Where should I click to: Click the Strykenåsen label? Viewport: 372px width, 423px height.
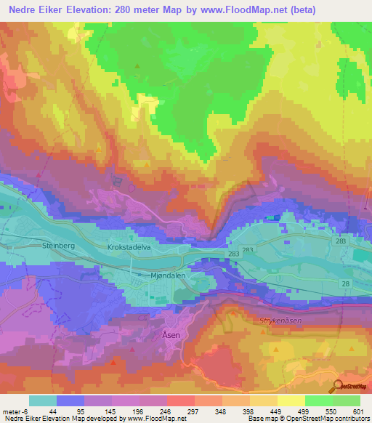click(x=280, y=319)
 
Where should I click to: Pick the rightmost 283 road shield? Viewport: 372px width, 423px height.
click(x=342, y=239)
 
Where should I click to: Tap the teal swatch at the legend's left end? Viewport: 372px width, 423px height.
click(x=43, y=400)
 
